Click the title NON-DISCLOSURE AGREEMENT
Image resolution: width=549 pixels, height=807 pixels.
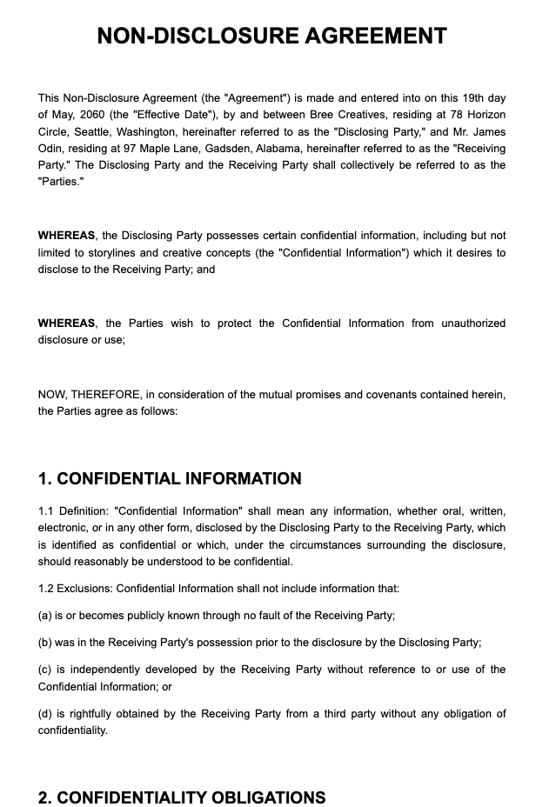pos(272,36)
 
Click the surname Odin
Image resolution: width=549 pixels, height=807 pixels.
pos(51,149)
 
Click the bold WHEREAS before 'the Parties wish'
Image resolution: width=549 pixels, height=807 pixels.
pos(66,323)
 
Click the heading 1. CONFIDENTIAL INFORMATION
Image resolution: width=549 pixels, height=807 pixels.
pos(170,479)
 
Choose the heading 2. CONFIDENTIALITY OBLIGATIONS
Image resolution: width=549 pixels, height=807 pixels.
pos(182,797)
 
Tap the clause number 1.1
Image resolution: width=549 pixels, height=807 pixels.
pos(46,511)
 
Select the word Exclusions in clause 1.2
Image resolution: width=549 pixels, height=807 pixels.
pos(86,589)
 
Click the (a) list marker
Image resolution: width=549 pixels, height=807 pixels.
pos(45,616)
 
